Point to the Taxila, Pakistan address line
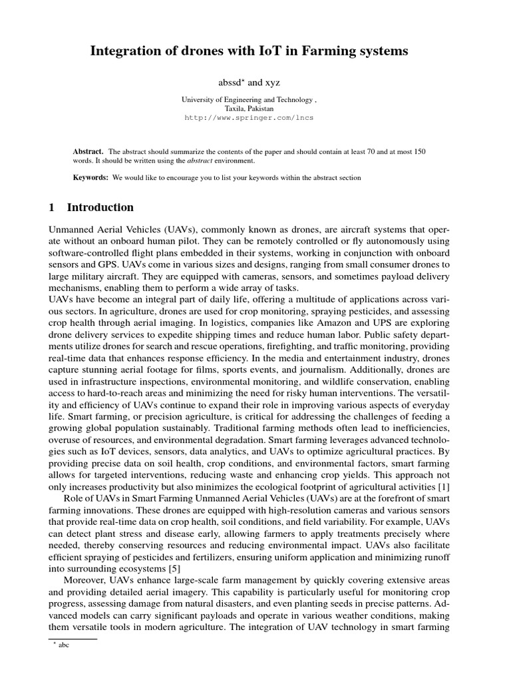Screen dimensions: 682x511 pyautogui.click(x=249, y=108)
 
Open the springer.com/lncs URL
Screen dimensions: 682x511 pyautogui.click(x=249, y=117)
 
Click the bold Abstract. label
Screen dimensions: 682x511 pyautogui.click(x=88, y=152)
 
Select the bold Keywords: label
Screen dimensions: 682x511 pyautogui.click(x=90, y=178)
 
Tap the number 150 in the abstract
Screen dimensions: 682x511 pyautogui.click(x=419, y=152)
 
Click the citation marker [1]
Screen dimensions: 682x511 pyautogui.click(x=444, y=487)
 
